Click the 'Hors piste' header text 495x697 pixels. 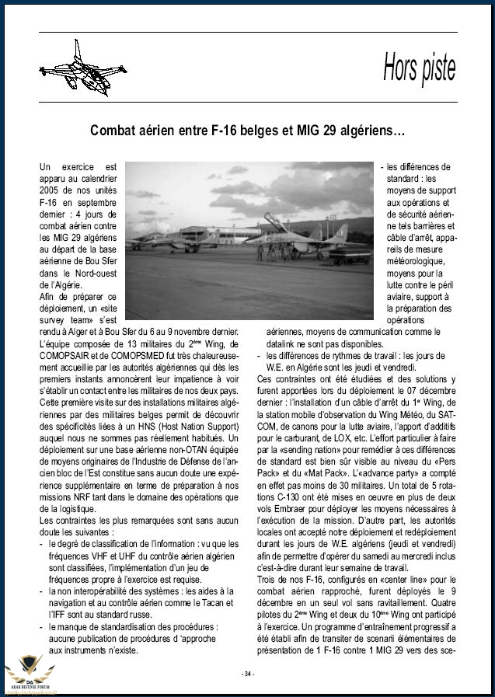[419, 68]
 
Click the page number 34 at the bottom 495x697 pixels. [248, 673]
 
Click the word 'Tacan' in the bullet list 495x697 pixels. [213, 603]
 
